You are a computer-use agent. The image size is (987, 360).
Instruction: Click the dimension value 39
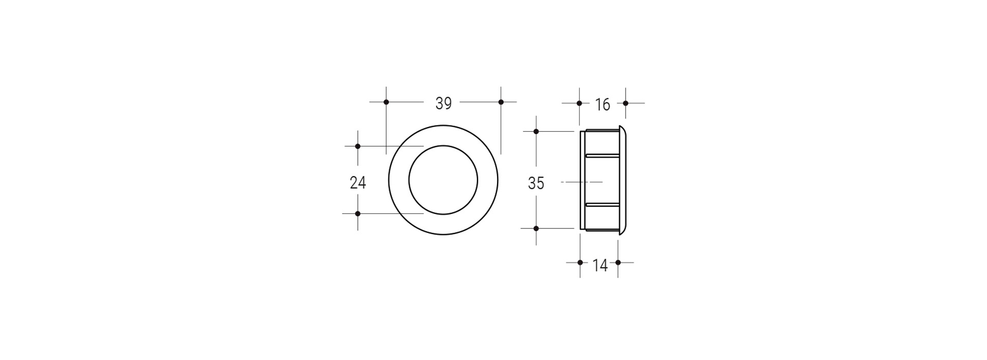443,103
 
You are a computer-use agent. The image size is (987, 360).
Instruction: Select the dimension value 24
358,183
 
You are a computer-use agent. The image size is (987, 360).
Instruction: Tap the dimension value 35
536,183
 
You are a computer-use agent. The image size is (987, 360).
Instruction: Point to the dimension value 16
602,105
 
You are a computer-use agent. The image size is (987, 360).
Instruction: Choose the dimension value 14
600,266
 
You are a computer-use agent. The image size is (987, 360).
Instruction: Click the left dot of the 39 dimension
386,102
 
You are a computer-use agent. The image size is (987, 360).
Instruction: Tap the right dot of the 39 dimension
501,102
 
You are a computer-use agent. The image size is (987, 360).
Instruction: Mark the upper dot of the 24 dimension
358,147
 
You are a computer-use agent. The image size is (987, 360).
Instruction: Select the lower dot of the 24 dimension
358,213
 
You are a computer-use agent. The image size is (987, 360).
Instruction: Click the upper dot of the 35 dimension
536,132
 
